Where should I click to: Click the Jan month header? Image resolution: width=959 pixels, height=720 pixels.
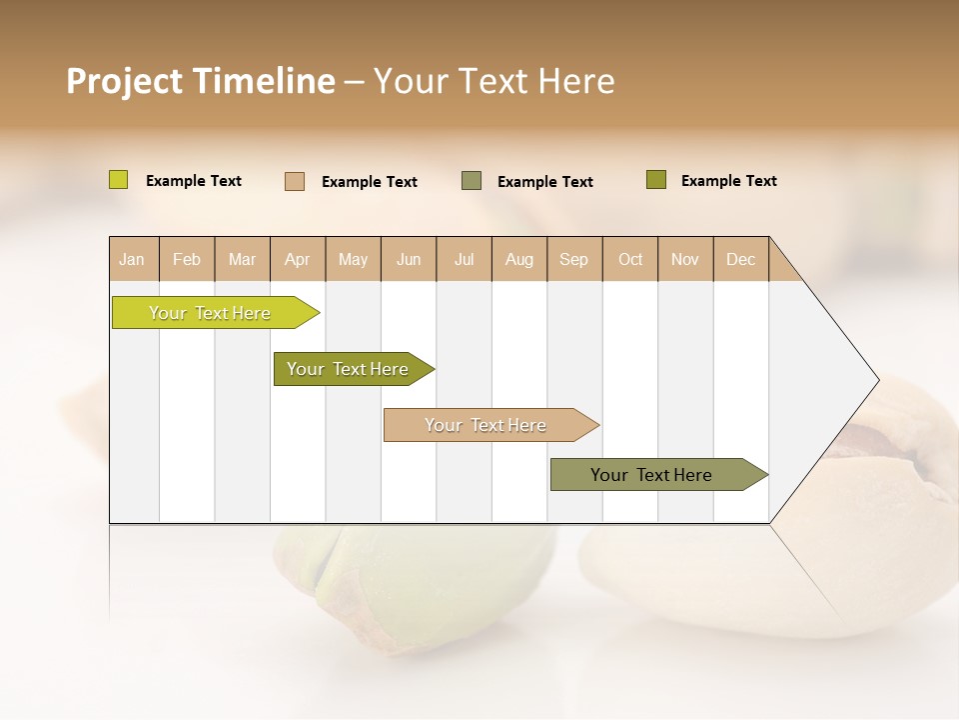click(133, 259)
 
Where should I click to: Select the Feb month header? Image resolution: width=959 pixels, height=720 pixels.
click(187, 259)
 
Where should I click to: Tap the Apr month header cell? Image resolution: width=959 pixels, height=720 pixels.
click(298, 259)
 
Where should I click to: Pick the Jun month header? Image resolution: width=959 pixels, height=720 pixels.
click(409, 259)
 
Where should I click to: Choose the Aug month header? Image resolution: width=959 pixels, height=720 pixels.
click(519, 259)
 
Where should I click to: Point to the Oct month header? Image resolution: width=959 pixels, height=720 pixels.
click(630, 259)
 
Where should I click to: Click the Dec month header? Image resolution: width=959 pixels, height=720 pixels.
click(741, 259)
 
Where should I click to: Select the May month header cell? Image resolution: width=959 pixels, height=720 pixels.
click(353, 259)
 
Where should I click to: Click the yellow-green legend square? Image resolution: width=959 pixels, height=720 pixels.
click(119, 180)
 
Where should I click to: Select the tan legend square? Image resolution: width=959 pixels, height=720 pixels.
click(295, 181)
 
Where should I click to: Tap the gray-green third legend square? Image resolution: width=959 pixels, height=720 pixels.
click(472, 181)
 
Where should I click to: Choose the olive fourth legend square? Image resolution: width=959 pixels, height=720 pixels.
click(656, 180)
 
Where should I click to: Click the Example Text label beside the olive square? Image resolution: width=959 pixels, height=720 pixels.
click(728, 181)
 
